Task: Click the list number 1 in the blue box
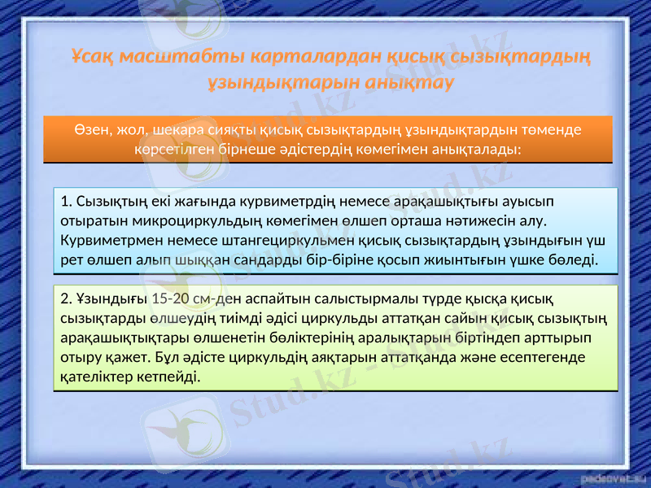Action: click(65, 201)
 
